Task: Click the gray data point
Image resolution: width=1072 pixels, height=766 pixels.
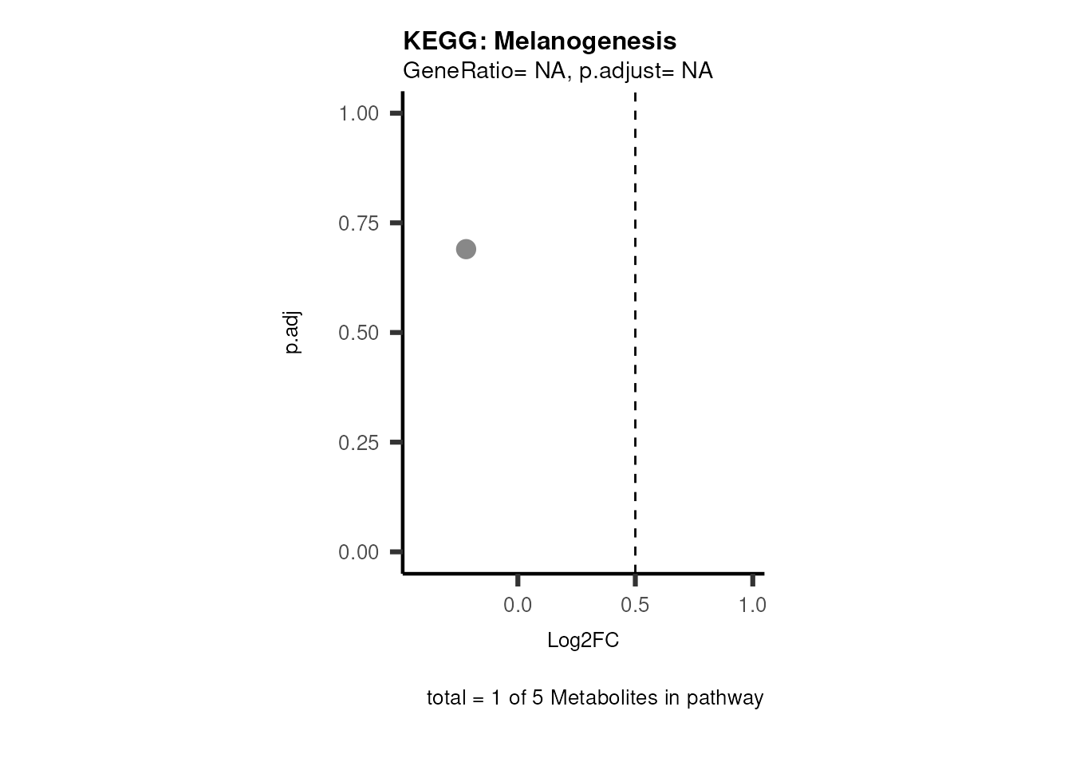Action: tap(466, 250)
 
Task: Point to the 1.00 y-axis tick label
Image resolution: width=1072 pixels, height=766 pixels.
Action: tap(358, 113)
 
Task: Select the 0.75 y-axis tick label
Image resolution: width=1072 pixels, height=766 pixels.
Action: tap(358, 223)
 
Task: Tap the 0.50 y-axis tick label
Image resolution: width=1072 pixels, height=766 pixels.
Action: tap(358, 333)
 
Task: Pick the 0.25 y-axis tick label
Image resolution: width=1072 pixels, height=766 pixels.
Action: tap(358, 443)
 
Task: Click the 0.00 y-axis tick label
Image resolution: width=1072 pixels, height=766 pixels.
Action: tap(358, 552)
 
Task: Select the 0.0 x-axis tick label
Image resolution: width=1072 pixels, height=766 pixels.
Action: tap(518, 606)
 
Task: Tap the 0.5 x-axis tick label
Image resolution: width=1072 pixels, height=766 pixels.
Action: tap(635, 606)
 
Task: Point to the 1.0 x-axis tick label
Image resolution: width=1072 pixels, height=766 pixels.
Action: tap(752, 606)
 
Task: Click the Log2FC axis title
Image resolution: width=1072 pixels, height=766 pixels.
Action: tap(583, 640)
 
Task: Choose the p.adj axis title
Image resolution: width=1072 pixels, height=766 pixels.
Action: tap(293, 333)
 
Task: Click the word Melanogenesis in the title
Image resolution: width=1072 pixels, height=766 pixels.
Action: tap(585, 41)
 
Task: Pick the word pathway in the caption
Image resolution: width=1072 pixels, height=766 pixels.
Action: tap(725, 699)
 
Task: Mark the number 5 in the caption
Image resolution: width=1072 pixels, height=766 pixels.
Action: tap(538, 698)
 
